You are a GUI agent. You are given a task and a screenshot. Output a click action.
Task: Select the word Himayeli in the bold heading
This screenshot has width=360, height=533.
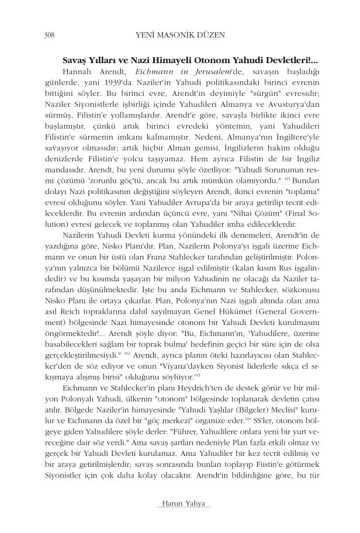(187, 61)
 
